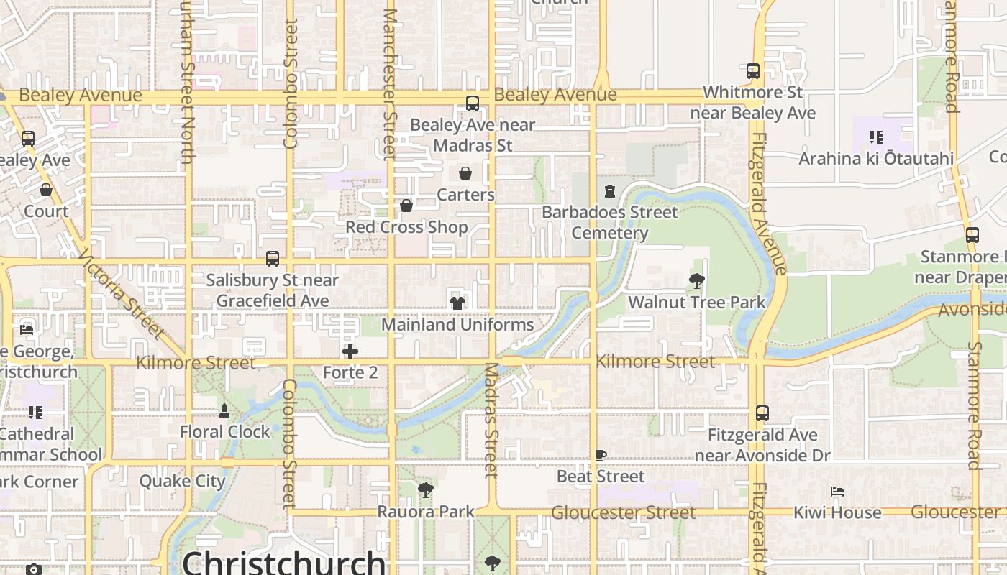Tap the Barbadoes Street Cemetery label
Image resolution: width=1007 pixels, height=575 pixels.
coord(610,222)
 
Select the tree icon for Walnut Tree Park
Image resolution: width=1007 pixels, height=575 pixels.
coord(696,281)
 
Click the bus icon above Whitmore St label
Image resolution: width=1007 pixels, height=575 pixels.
coord(753,71)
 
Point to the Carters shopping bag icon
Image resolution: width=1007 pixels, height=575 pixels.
coord(465,173)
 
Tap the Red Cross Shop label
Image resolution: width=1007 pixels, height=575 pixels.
coord(406,227)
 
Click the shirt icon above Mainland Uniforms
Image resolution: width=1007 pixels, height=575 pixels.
coord(457,303)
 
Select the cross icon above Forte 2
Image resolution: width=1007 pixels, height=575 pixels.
coord(350,351)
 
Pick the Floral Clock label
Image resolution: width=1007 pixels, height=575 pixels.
coord(224,431)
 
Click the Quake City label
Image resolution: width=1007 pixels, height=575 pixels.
coord(183,481)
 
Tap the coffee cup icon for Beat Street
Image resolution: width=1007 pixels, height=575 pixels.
coord(601,455)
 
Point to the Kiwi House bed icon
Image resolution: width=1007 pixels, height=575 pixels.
coord(837,492)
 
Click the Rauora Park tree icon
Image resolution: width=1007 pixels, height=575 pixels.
coord(426,491)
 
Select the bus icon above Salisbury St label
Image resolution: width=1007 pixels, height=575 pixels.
coord(273,259)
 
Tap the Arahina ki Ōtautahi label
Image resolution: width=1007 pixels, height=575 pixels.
coord(876,158)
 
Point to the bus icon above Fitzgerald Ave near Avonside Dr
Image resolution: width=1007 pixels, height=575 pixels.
coord(762,413)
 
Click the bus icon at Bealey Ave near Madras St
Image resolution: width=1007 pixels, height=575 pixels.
coord(473,103)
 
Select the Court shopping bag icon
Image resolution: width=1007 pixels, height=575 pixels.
coord(46,190)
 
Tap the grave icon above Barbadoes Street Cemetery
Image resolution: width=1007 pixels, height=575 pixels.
coord(610,191)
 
